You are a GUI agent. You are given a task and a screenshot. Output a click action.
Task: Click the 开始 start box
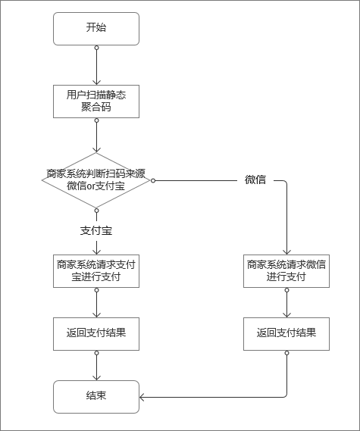click(x=96, y=28)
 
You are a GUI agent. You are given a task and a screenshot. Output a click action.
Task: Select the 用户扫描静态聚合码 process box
click(x=96, y=101)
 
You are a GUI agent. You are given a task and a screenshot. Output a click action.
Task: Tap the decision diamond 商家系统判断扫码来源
click(x=96, y=180)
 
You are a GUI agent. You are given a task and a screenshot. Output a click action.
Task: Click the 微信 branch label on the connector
click(x=255, y=180)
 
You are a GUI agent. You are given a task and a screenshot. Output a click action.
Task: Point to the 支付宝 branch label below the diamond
click(x=96, y=229)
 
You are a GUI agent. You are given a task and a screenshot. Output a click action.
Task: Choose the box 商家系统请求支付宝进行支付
click(x=96, y=270)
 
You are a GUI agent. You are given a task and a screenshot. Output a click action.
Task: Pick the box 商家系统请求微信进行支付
click(x=286, y=270)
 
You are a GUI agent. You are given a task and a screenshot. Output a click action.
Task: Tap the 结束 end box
click(x=96, y=396)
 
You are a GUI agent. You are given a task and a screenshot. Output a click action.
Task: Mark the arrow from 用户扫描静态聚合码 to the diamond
click(x=96, y=136)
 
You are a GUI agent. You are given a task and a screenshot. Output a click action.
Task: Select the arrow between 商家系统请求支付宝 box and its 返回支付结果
click(x=96, y=302)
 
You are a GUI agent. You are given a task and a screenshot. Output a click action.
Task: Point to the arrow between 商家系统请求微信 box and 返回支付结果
click(x=286, y=302)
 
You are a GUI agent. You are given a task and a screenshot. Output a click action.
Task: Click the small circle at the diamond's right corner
click(x=153, y=180)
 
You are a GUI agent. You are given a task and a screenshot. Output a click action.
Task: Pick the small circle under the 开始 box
click(x=96, y=48)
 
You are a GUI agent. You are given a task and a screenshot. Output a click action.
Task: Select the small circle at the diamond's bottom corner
click(x=96, y=210)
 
